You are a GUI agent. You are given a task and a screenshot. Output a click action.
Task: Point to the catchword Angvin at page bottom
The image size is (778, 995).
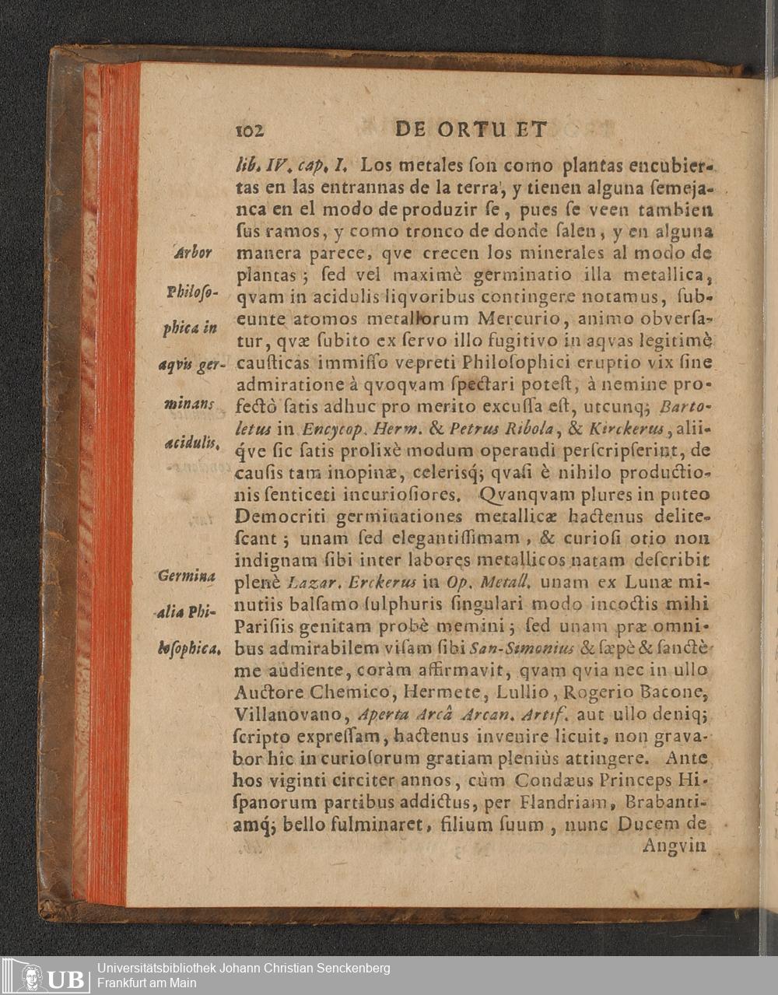(x=674, y=845)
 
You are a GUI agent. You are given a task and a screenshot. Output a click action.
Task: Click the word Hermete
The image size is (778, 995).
(x=425, y=691)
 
